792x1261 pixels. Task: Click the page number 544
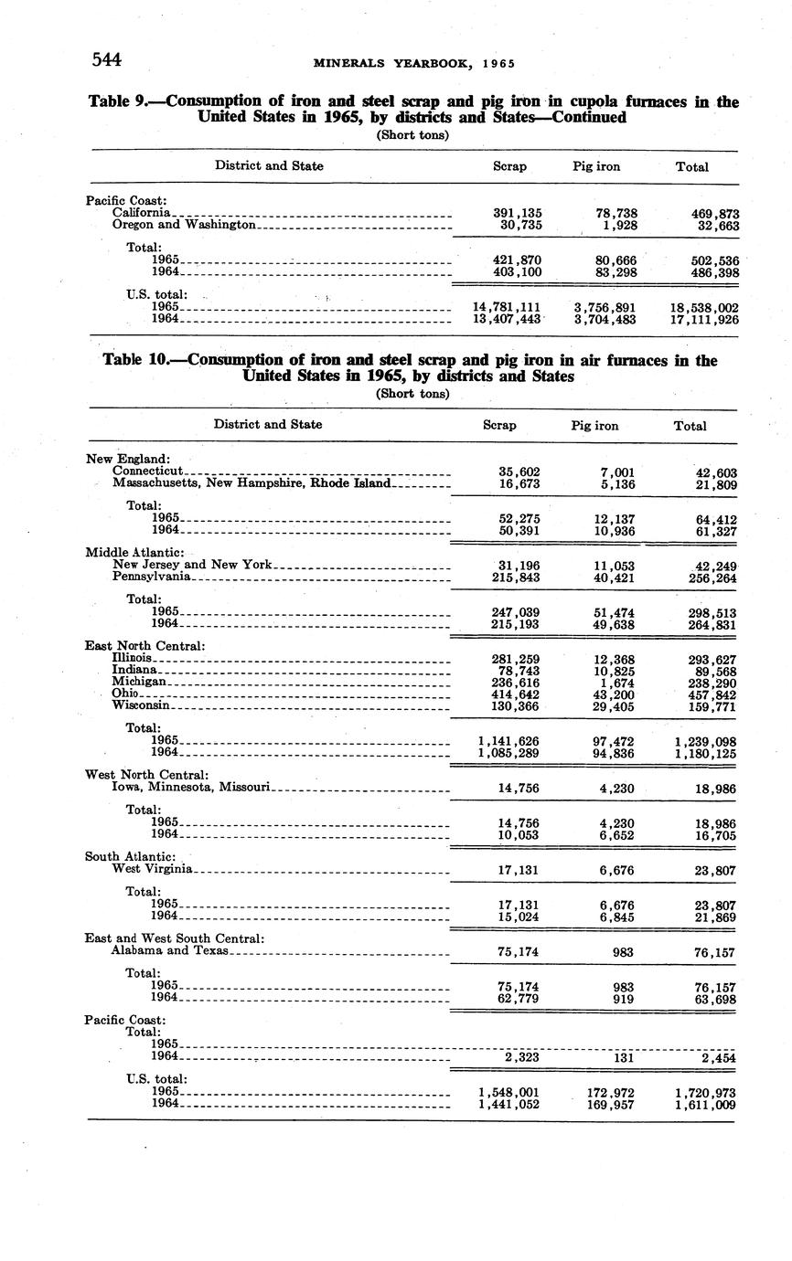[x=107, y=60]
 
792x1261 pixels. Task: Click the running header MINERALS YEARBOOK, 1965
[x=414, y=63]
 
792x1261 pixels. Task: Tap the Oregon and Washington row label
[x=186, y=225]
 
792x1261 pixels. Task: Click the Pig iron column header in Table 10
[x=594, y=426]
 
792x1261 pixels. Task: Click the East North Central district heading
[x=145, y=646]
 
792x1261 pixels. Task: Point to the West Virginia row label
[x=152, y=869]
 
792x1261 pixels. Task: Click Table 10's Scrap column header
[x=499, y=426]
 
